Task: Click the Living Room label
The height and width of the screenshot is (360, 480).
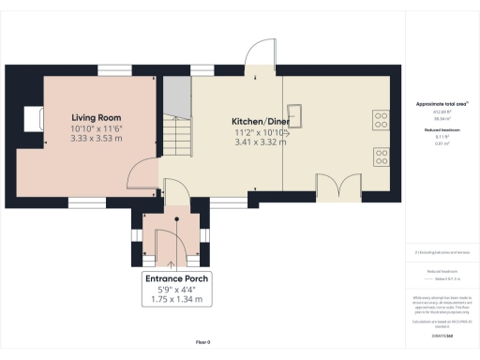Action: coord(97,117)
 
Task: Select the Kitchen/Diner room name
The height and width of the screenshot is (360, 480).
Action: coord(260,122)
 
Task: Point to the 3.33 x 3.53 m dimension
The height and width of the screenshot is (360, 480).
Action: coord(97,138)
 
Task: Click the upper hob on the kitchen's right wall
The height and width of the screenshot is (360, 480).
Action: coord(382,119)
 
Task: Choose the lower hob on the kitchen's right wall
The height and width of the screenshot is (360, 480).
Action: coord(382,155)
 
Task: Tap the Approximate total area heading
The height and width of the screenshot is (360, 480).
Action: coord(441,105)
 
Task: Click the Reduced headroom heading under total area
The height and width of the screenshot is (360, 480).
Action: coord(441,130)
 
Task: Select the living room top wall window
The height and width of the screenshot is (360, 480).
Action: coord(115,68)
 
